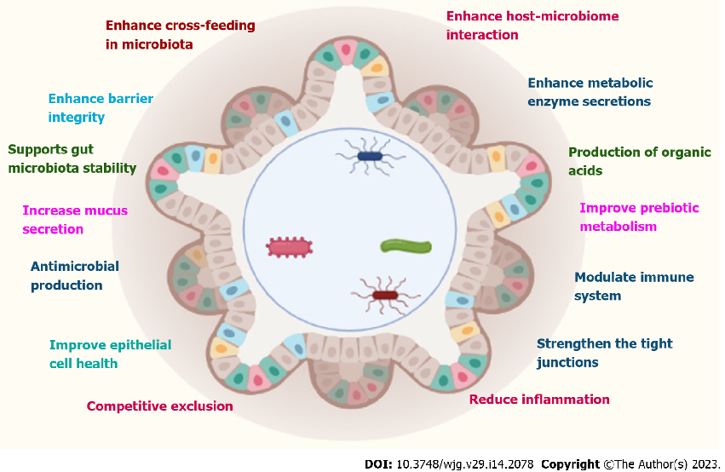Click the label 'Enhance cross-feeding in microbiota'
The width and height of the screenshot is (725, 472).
click(180, 34)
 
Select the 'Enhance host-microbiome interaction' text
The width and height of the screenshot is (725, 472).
click(532, 26)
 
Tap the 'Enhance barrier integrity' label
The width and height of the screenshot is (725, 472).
click(101, 108)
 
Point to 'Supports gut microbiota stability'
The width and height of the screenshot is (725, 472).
click(72, 158)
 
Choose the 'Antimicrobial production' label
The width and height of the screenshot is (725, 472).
click(75, 275)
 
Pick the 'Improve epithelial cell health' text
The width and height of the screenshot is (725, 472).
click(110, 354)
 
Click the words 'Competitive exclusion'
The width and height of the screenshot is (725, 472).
click(159, 406)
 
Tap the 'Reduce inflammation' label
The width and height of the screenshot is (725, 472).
click(539, 400)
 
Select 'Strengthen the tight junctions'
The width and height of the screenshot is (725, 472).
click(604, 353)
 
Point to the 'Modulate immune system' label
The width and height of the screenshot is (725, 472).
click(634, 286)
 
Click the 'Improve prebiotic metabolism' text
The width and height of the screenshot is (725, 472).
click(639, 216)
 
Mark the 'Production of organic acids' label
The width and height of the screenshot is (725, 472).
click(639, 161)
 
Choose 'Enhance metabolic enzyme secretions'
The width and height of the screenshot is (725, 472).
click(590, 92)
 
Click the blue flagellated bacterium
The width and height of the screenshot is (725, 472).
click(370, 156)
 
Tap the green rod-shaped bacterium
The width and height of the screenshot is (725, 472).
click(406, 246)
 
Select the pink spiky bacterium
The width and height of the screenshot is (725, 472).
click(289, 248)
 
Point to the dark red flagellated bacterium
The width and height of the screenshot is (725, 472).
click(385, 295)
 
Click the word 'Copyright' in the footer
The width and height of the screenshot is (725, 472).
click(570, 464)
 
